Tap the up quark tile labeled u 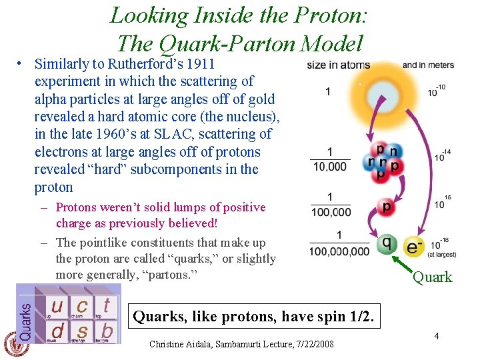pos(57,307)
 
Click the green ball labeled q pos(387,245)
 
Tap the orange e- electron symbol pos(415,247)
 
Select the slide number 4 pos(436,337)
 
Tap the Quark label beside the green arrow pos(432,277)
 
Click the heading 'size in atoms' pos(338,65)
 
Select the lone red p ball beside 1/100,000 pos(386,207)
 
